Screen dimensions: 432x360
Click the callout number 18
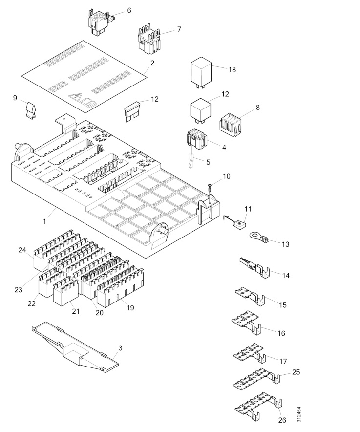coord(232,70)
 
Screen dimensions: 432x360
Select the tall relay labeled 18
coord(201,72)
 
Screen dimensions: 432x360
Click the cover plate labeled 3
coord(78,346)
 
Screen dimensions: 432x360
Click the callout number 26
coord(282,420)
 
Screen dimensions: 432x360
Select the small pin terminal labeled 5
coord(191,161)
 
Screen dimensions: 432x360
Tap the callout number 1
coord(44,221)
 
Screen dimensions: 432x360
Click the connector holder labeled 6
coord(101,20)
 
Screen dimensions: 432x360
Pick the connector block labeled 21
coord(65,292)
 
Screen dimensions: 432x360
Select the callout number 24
coord(21,250)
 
